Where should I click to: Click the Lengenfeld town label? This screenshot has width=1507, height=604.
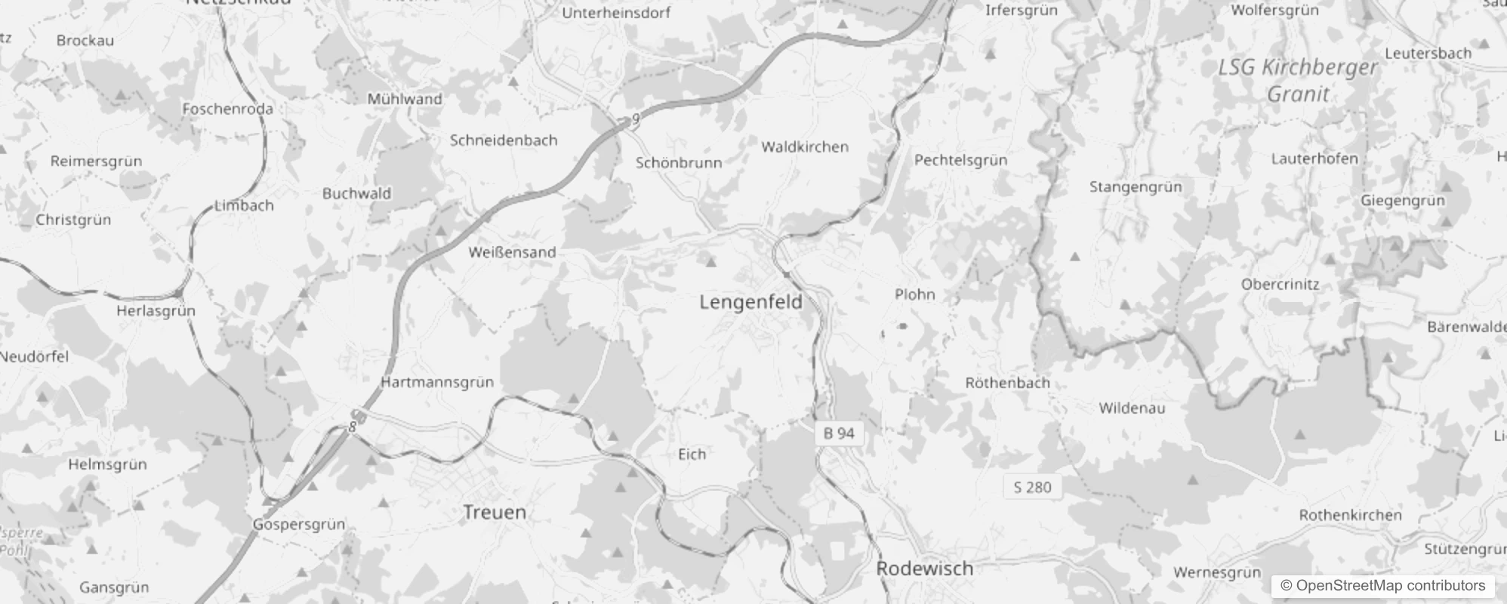pyautogui.click(x=750, y=303)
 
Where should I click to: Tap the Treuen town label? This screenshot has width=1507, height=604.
pyautogui.click(x=495, y=513)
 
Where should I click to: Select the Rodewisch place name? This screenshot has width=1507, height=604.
pyautogui.click(x=924, y=569)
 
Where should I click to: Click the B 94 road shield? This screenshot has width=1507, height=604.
pyautogui.click(x=839, y=433)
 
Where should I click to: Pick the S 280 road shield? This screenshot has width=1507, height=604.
pyautogui.click(x=1032, y=487)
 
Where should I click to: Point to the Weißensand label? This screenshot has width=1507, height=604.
pyautogui.click(x=512, y=252)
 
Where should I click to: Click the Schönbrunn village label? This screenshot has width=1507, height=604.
pyautogui.click(x=679, y=162)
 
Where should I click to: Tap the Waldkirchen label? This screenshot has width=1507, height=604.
pyautogui.click(x=805, y=147)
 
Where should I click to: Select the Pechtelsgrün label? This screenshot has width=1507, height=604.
pyautogui.click(x=960, y=160)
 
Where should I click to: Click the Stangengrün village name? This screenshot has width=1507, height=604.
pyautogui.click(x=1136, y=186)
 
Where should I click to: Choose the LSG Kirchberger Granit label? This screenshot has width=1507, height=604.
pyautogui.click(x=1298, y=81)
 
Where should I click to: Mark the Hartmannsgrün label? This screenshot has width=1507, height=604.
pyautogui.click(x=437, y=382)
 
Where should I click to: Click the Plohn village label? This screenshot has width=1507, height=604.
pyautogui.click(x=914, y=294)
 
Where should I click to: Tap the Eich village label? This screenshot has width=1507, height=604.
pyautogui.click(x=692, y=454)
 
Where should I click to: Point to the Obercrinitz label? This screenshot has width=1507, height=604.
pyautogui.click(x=1280, y=285)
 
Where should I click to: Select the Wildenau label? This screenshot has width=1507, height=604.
pyautogui.click(x=1132, y=408)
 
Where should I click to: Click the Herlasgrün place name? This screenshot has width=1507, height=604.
pyautogui.click(x=156, y=311)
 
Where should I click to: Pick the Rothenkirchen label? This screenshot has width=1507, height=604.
pyautogui.click(x=1350, y=515)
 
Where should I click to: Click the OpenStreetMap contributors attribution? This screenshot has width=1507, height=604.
pyautogui.click(x=1382, y=586)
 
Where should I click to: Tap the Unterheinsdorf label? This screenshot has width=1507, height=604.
pyautogui.click(x=616, y=13)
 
